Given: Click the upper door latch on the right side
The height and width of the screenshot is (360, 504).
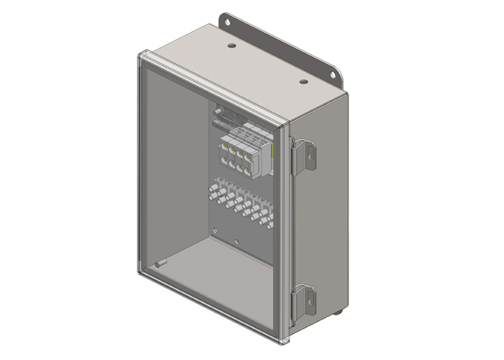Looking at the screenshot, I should click(304, 154).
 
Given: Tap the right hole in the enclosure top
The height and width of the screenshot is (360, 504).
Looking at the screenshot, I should click(304, 81).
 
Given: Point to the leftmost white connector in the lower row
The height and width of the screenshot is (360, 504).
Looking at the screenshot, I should click(212, 193).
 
